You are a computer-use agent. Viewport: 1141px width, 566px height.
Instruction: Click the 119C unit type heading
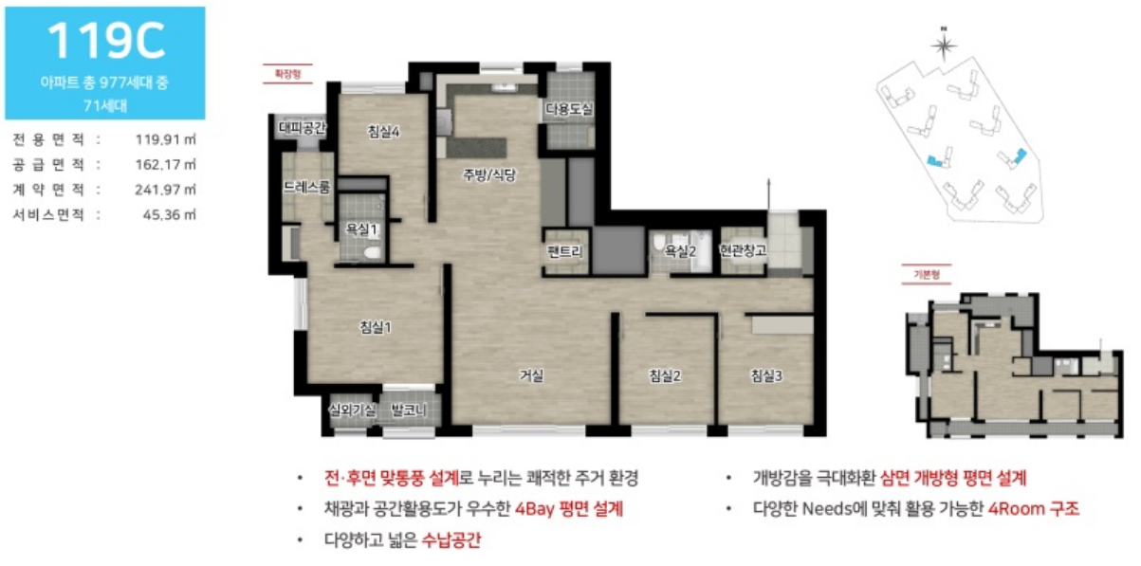106,41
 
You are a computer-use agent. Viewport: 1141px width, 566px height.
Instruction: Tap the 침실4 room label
383,132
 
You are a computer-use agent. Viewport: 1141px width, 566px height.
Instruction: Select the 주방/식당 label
489,175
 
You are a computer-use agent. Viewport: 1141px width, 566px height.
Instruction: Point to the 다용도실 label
569,109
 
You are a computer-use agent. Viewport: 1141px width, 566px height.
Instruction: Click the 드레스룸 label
306,188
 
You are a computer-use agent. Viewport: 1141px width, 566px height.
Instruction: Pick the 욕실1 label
361,229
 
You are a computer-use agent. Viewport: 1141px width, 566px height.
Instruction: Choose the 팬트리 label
565,251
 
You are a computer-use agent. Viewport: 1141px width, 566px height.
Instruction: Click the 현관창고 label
743,250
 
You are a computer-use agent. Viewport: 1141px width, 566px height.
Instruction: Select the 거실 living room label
531,375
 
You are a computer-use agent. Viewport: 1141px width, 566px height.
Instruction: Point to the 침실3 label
766,376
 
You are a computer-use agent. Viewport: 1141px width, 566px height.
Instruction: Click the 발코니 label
409,410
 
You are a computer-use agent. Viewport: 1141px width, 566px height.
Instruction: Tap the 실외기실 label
353,410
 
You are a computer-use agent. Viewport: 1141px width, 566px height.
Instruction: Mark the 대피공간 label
302,128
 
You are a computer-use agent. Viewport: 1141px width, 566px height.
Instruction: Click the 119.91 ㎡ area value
166,139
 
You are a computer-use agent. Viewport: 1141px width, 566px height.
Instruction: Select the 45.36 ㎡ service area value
169,215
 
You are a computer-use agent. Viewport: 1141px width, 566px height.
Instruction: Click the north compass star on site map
944,46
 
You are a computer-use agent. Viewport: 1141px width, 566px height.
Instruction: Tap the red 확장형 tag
287,74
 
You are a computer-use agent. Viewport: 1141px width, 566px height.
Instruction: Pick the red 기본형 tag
927,274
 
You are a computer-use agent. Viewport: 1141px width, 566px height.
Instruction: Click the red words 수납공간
451,540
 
